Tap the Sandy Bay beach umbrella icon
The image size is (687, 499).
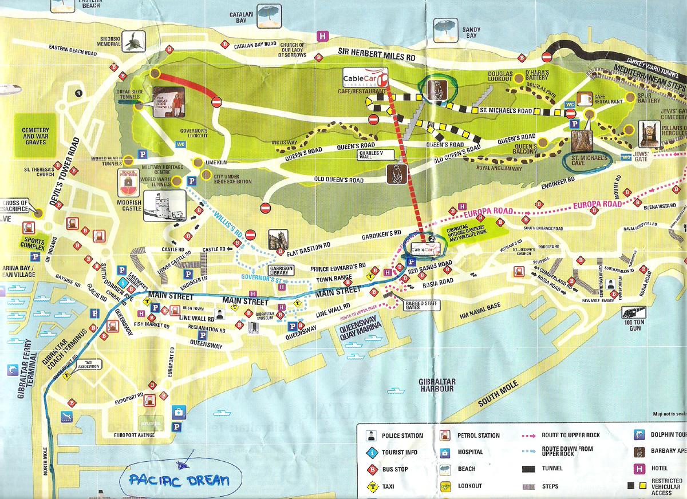[x=444, y=26]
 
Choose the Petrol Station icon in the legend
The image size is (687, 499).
[x=444, y=435]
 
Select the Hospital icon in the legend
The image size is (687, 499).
[x=444, y=452]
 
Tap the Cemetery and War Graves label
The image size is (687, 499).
[x=35, y=134]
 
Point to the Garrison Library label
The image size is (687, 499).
[x=281, y=271]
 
